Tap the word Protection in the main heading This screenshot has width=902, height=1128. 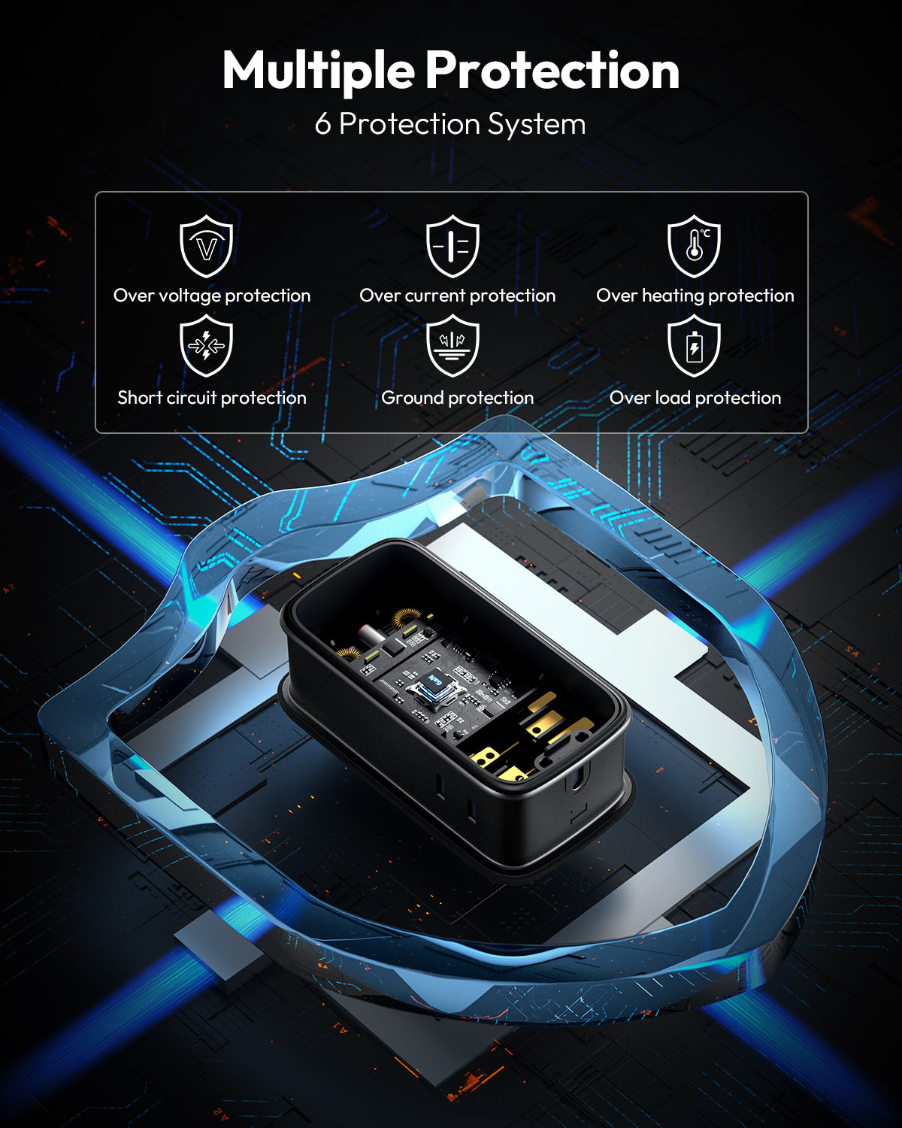552,70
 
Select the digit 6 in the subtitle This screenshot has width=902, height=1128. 322,124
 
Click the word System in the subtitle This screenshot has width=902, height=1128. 537,126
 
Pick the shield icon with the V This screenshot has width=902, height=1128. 207,246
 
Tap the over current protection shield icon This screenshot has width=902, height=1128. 453,246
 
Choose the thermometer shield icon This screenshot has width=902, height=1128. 694,246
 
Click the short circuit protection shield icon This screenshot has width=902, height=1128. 207,345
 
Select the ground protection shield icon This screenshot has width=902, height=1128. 453,345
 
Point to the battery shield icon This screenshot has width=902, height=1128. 694,345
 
